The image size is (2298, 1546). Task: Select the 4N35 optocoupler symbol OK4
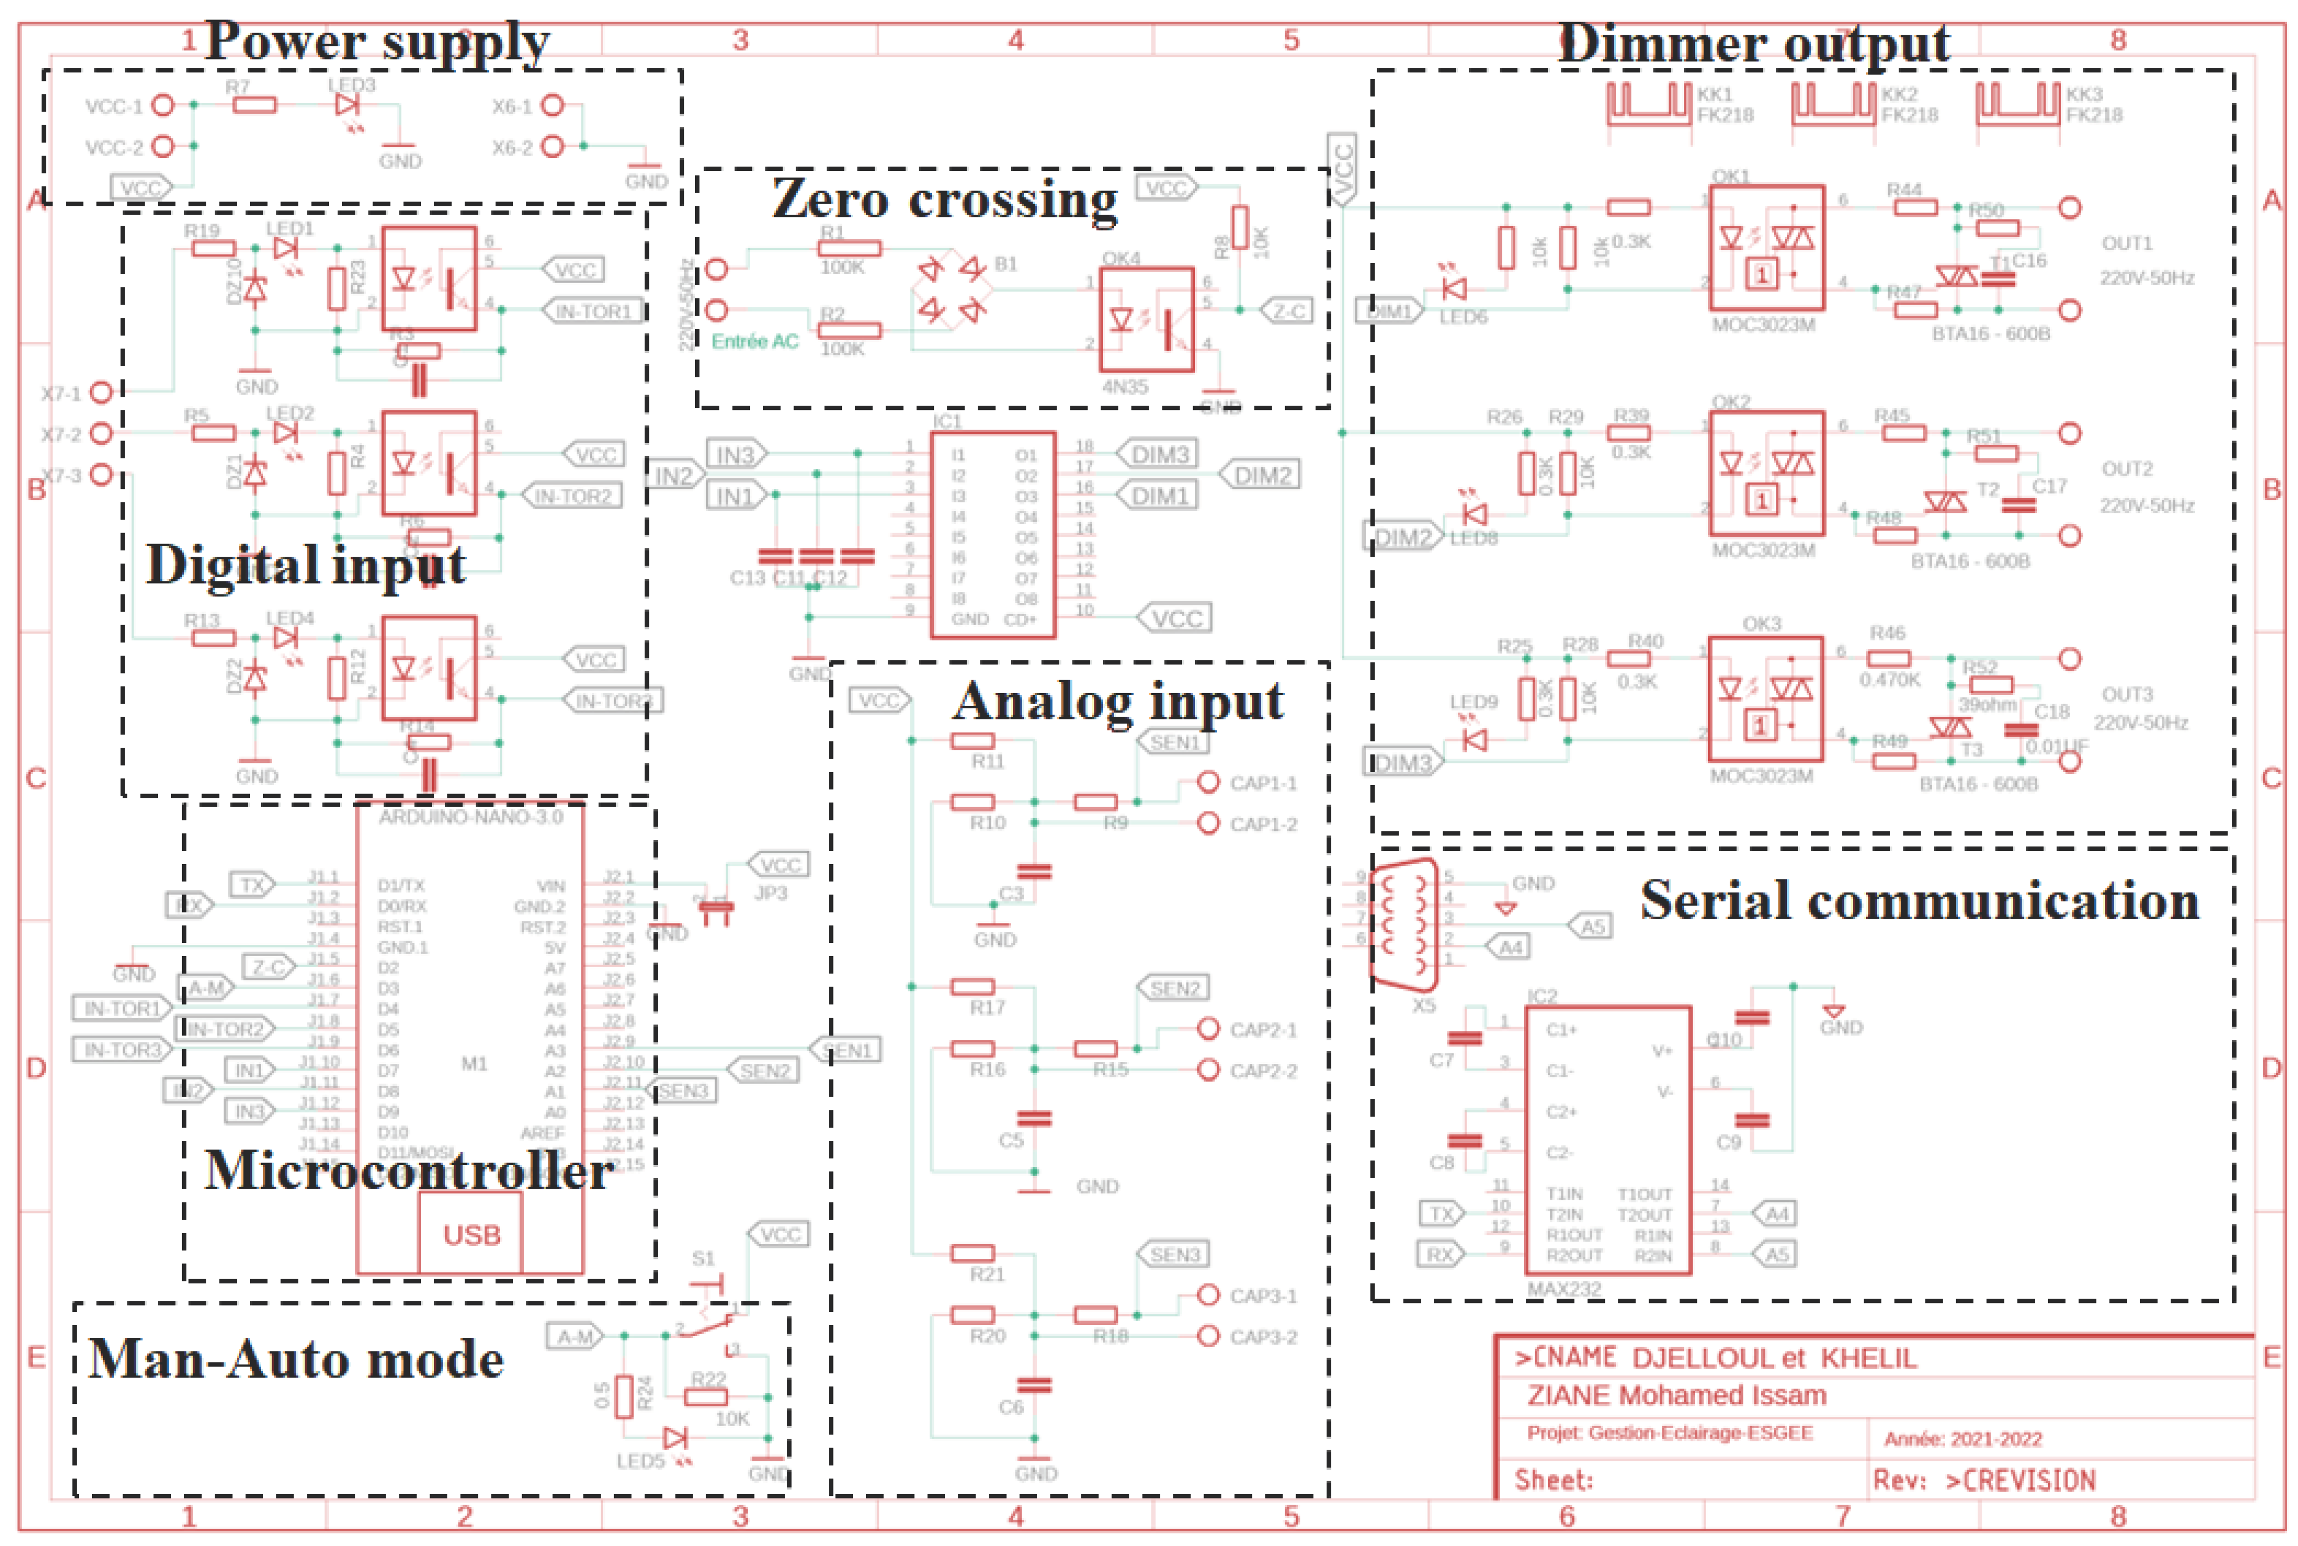[1146, 319]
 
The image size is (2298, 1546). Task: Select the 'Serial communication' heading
[1919, 900]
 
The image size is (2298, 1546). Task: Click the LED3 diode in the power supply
[347, 105]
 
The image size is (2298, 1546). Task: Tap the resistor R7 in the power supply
[254, 105]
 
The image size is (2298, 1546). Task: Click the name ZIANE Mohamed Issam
[1676, 1395]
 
